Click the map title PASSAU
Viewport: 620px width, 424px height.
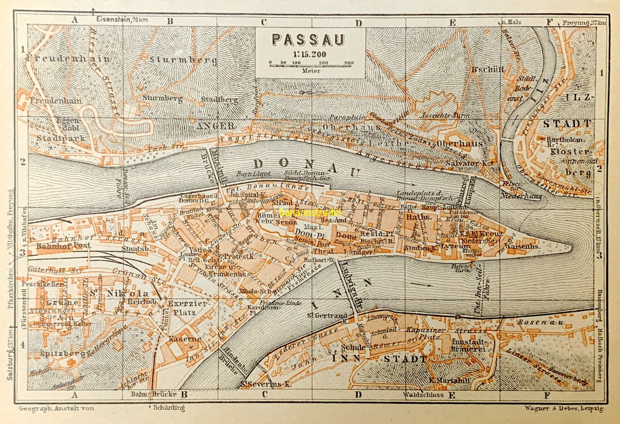(308, 40)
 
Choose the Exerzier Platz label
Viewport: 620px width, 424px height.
(185, 308)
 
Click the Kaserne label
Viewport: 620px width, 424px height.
(185, 339)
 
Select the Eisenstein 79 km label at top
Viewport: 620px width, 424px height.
(122, 21)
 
